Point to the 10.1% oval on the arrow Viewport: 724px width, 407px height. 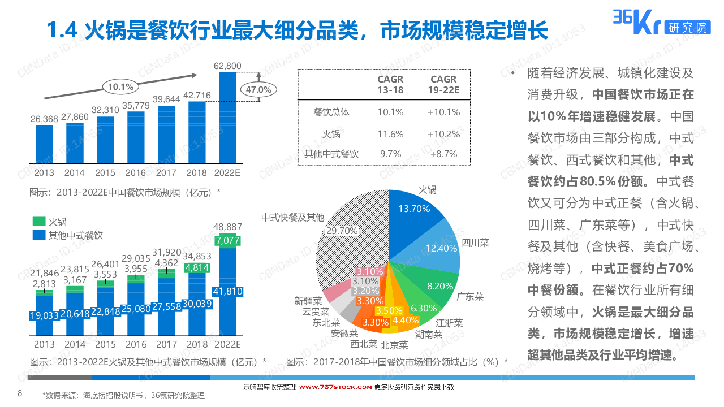[x=120, y=87]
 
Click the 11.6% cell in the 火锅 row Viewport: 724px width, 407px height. [x=390, y=135]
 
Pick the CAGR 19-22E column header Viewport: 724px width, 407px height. [x=443, y=85]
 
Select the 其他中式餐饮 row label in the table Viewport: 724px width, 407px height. [x=331, y=154]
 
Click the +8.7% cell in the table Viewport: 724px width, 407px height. [x=443, y=154]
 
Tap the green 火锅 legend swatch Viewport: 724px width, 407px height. [x=38, y=222]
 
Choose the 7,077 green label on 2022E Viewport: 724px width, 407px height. [x=227, y=241]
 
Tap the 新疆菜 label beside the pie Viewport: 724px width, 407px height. [x=308, y=301]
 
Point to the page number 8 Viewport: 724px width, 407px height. [x=20, y=393]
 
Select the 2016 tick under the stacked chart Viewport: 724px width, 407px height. [x=136, y=344]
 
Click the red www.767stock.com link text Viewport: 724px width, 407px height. [x=335, y=387]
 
